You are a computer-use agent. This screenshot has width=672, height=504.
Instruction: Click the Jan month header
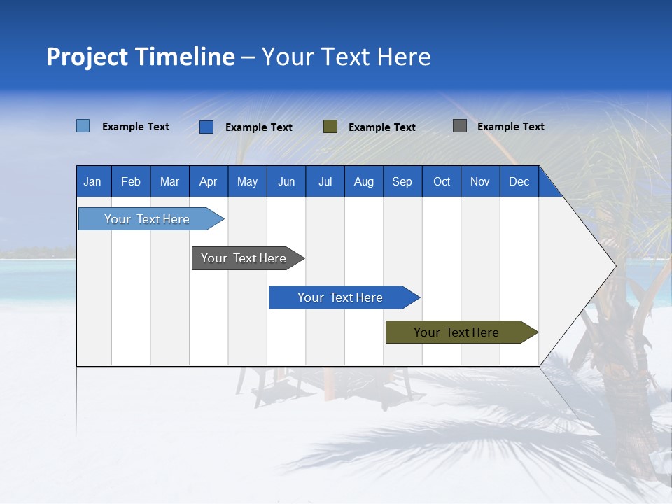(x=93, y=181)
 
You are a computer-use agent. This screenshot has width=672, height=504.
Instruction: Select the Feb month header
(x=131, y=181)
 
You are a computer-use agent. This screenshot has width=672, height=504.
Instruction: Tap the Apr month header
(x=209, y=181)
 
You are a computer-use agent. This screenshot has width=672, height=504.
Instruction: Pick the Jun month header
(x=286, y=181)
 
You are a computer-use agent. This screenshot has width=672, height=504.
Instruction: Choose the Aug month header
(x=364, y=181)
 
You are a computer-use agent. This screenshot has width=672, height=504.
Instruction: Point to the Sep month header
(x=402, y=181)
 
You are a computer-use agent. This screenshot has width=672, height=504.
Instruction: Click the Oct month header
(x=442, y=181)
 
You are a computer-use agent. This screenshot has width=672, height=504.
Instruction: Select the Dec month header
(x=519, y=181)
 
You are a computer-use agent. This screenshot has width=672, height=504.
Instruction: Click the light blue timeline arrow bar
(x=148, y=219)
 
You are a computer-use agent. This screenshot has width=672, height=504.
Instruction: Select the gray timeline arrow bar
(x=244, y=258)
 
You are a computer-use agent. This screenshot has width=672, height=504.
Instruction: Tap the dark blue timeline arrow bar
(x=341, y=297)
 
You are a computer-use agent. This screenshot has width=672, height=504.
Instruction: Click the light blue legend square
(x=83, y=126)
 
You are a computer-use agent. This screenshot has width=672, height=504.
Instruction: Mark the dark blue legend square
(x=206, y=127)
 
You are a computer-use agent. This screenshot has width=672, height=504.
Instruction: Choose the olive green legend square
(x=330, y=126)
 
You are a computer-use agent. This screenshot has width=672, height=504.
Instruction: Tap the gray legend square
(x=460, y=126)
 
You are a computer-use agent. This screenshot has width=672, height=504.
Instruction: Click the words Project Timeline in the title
(x=141, y=57)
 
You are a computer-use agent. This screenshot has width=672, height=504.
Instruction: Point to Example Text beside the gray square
(x=511, y=127)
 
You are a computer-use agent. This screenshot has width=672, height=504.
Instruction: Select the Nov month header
(x=480, y=181)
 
